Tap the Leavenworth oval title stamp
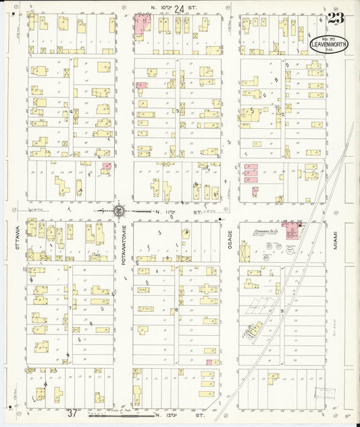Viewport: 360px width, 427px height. (x=329, y=45)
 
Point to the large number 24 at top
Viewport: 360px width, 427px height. (x=178, y=9)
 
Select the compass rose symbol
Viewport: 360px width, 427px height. (x=119, y=211)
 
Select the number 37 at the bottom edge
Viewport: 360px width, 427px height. (x=72, y=413)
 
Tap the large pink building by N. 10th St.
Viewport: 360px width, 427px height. (x=143, y=25)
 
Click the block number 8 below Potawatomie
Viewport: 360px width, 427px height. (x=176, y=310)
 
